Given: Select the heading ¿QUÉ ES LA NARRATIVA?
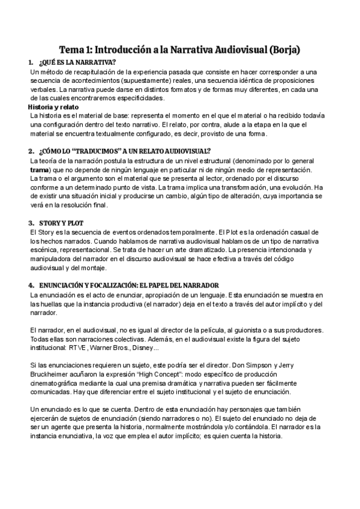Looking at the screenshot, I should coord(77,62).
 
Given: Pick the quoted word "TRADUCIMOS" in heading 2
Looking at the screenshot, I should coord(98,151).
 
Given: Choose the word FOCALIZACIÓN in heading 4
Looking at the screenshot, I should coord(114,285).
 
